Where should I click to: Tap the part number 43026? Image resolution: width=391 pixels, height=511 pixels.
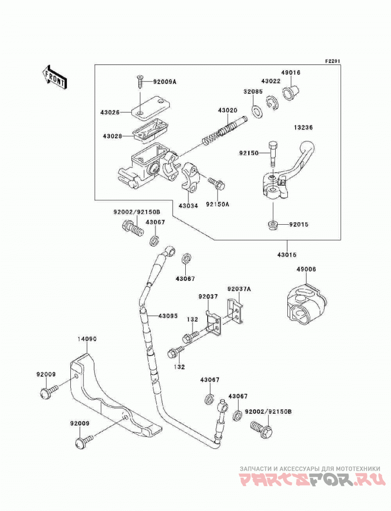[110, 112]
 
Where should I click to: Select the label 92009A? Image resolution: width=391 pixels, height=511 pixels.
[165, 82]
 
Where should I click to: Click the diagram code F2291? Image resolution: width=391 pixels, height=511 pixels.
[332, 61]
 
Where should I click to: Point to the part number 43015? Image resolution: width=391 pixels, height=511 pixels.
[287, 255]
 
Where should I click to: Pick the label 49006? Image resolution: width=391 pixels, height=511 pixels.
[306, 270]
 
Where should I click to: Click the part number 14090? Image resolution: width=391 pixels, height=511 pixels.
[87, 339]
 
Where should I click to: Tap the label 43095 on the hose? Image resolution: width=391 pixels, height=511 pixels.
[168, 316]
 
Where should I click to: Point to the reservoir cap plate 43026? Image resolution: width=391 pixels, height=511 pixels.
[151, 110]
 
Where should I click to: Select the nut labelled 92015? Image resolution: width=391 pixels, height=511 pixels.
[271, 225]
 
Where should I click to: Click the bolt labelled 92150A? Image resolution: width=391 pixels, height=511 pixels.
[217, 184]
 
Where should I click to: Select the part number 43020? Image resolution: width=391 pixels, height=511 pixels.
[228, 111]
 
